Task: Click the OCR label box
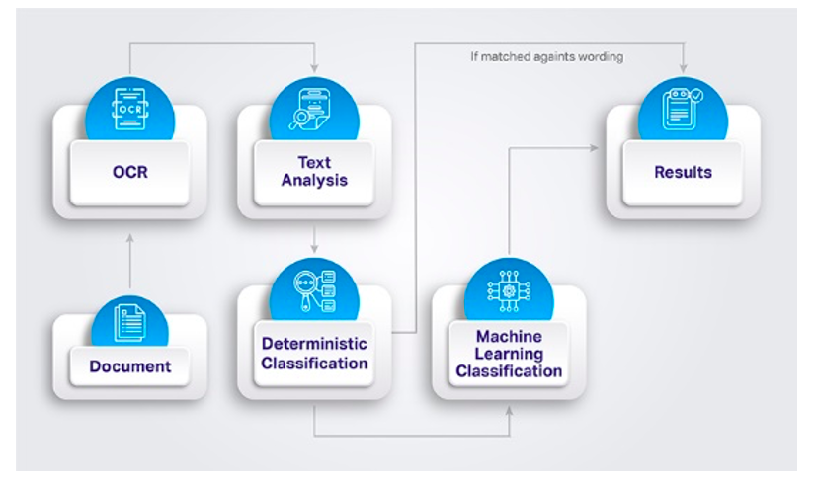(129, 172)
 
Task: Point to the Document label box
(129, 366)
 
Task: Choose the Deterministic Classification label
(314, 354)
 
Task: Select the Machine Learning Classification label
(509, 355)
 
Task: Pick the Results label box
(683, 172)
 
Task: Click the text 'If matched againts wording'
(546, 57)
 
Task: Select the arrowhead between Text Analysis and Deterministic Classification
(314, 247)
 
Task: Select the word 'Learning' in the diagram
(509, 354)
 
